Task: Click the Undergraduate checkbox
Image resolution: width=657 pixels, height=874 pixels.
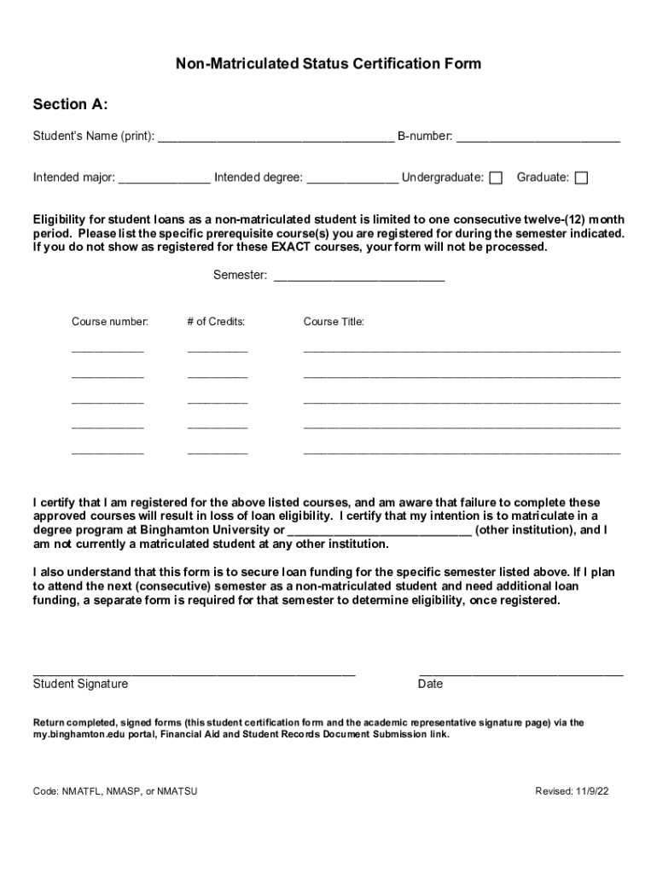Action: pyautogui.click(x=496, y=178)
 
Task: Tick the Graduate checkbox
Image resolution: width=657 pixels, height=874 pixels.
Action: pyautogui.click(x=581, y=178)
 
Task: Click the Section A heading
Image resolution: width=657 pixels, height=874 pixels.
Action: pyautogui.click(x=70, y=105)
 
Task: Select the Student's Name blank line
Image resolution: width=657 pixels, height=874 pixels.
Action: pyautogui.click(x=276, y=137)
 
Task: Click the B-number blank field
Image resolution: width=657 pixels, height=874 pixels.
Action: pyautogui.click(x=538, y=137)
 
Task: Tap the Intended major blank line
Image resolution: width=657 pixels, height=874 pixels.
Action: pyautogui.click(x=165, y=178)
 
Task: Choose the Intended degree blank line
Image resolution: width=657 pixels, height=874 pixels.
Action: pyautogui.click(x=352, y=178)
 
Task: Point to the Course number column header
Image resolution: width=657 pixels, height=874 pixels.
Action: pyautogui.click(x=110, y=322)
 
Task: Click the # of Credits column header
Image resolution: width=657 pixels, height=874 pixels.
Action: pyautogui.click(x=217, y=322)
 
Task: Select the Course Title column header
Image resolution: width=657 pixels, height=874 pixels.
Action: pyautogui.click(x=334, y=322)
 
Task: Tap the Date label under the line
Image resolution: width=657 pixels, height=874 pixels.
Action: pyautogui.click(x=430, y=684)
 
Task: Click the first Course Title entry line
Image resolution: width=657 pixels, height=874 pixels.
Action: pyautogui.click(x=462, y=350)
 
